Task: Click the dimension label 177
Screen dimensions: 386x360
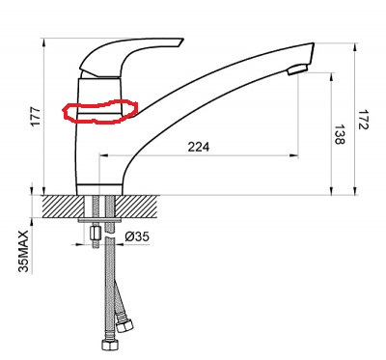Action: tap(36, 116)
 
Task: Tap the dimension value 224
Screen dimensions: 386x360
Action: tap(198, 147)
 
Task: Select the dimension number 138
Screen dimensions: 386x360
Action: tap(340, 134)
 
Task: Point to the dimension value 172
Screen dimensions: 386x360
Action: tap(363, 120)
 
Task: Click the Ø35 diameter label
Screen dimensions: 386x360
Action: tap(137, 236)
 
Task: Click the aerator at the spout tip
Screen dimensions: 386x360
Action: tap(298, 69)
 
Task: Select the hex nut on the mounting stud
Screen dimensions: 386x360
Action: tap(95, 234)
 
